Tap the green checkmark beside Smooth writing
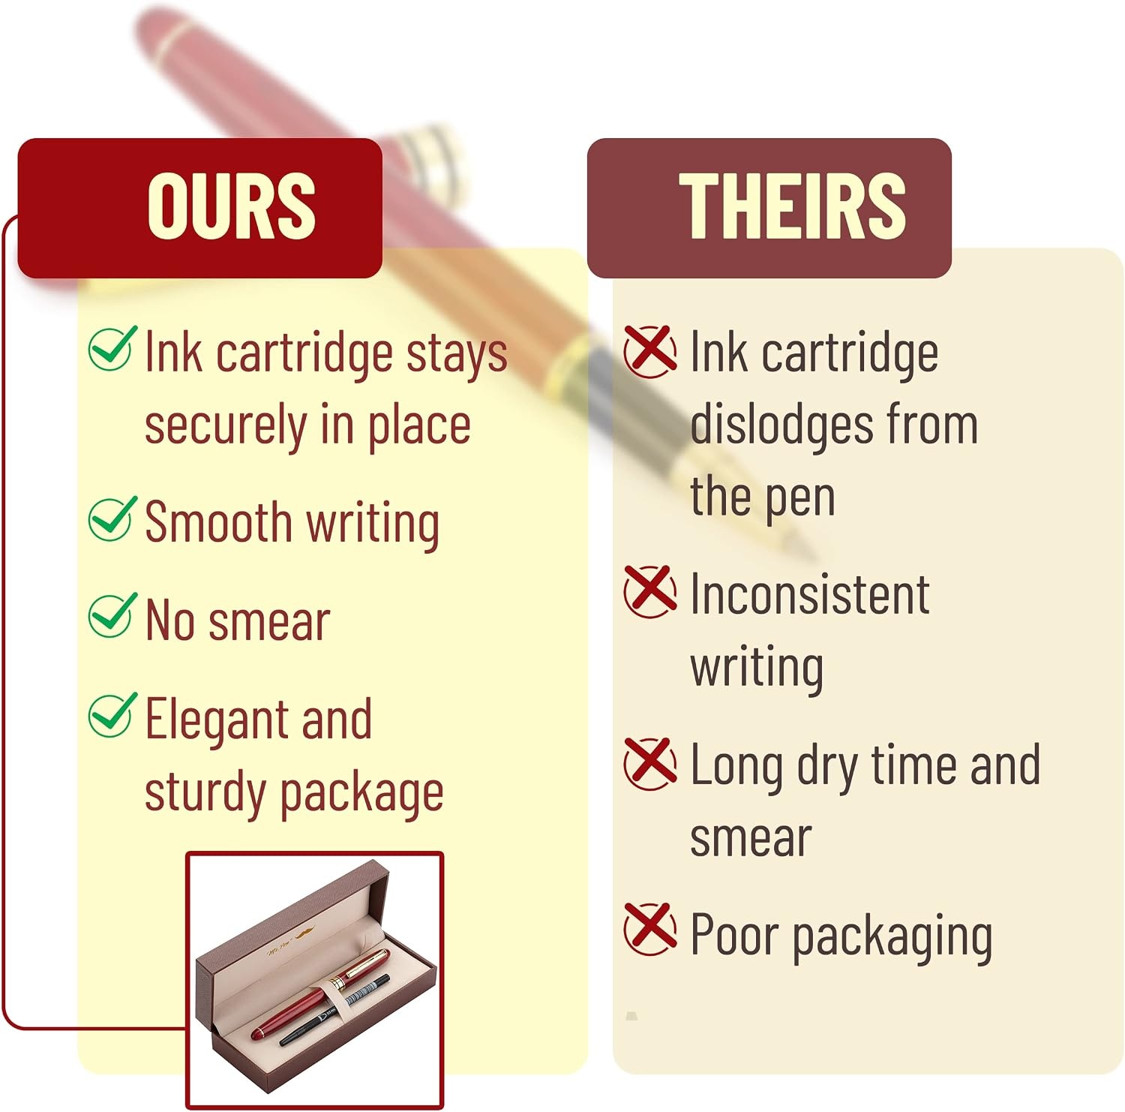(112, 518)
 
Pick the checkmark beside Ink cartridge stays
(112, 348)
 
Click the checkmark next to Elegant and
(112, 714)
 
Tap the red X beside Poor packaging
(650, 928)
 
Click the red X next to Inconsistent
(650, 591)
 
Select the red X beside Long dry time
(650, 763)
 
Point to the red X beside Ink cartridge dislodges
(650, 351)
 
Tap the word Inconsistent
(810, 594)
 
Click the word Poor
(734, 935)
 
